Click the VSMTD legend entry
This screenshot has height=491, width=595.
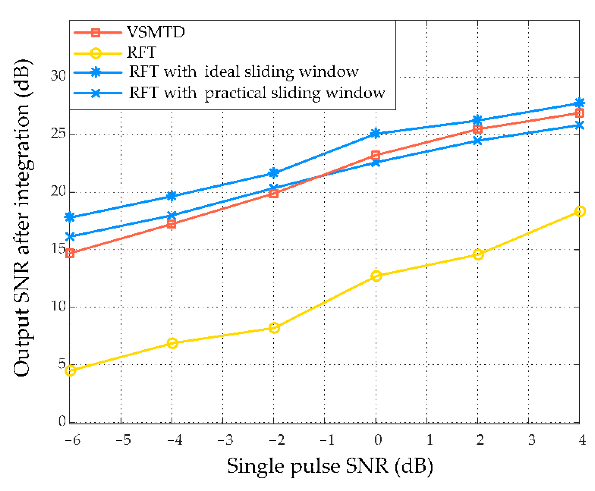coord(156,32)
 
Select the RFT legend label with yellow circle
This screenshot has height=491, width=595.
coord(141,52)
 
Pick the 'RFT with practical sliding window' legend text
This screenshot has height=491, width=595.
coord(257,93)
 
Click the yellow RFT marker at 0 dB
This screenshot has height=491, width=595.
coord(376,276)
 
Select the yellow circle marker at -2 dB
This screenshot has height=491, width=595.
coord(274,328)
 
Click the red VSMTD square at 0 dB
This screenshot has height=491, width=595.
coord(375,155)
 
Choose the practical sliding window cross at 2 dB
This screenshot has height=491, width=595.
coord(478,141)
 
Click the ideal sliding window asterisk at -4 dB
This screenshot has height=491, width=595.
coord(172,196)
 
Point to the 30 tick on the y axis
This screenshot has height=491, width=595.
coord(58,76)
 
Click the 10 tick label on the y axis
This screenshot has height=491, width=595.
coord(58,306)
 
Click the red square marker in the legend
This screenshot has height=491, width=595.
coord(95,33)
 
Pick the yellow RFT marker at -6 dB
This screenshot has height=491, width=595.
coord(70,370)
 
